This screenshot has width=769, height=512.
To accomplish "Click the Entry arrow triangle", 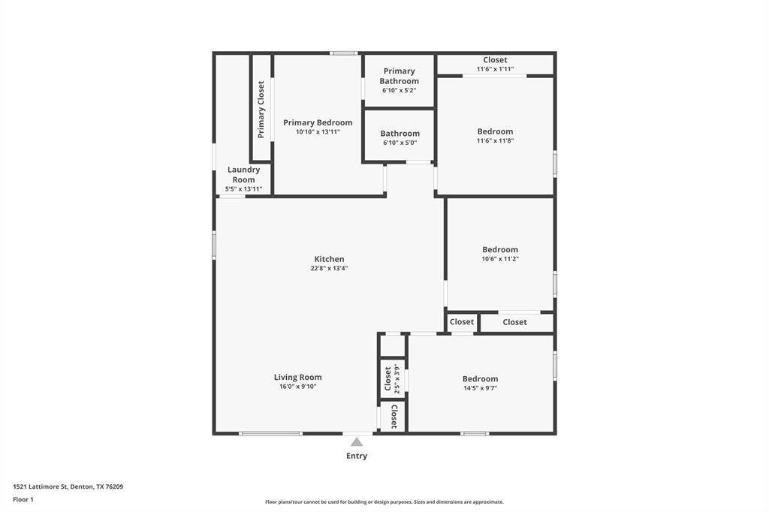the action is [357, 442].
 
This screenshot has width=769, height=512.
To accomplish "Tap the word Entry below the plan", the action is [357, 456].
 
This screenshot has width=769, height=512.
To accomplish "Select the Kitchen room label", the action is [329, 259].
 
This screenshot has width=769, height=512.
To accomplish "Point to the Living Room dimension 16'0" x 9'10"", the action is [297, 387].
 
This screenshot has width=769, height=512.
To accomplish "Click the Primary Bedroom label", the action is [318, 122].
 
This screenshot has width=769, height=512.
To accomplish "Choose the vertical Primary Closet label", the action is [261, 110].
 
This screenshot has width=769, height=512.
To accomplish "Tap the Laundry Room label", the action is [244, 175].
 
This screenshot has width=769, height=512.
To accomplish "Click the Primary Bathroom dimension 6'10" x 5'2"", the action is [400, 90].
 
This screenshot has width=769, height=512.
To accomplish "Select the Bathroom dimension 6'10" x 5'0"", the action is [400, 143].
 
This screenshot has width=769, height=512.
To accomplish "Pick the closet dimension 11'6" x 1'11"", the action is [496, 69].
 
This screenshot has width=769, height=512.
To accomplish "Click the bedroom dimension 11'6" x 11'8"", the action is [496, 140].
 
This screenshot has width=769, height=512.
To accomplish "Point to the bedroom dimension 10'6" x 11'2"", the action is [500, 259].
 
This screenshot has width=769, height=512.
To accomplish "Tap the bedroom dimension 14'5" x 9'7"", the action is [481, 388].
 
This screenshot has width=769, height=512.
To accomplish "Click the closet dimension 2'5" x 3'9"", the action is [397, 378].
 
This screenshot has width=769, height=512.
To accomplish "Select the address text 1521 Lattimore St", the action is [41, 487].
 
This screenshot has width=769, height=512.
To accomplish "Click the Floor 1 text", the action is [23, 500].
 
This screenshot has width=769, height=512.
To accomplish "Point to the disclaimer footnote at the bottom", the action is [384, 502].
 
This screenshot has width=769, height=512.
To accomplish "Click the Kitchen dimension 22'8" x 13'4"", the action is [329, 268].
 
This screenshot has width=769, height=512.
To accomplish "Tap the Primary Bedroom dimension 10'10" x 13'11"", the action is [318, 132].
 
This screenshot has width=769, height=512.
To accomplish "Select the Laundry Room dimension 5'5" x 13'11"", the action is [244, 189].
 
